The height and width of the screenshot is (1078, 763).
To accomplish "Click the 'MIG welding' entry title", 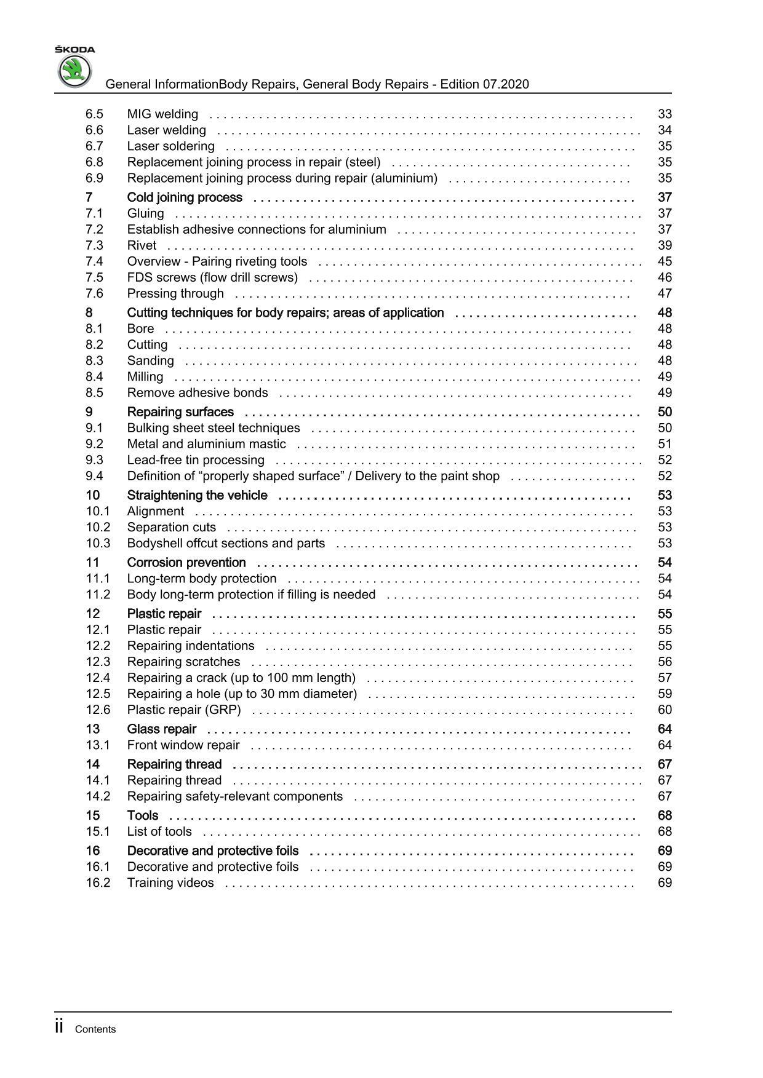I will [162, 114].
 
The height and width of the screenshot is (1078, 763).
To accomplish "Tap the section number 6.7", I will [94, 146].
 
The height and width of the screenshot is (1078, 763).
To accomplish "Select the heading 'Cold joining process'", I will [185, 197].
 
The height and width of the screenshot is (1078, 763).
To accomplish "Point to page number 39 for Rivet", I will [665, 245].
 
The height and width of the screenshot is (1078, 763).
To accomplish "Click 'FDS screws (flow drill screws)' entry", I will [212, 277].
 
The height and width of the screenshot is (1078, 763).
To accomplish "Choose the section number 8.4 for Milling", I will [94, 376].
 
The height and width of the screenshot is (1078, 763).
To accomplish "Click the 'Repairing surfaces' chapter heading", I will [180, 412].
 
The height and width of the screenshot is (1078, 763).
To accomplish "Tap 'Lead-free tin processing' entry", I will [196, 460].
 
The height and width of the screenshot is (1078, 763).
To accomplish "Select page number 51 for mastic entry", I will [665, 444].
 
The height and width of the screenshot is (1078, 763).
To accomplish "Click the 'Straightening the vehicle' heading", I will [197, 496].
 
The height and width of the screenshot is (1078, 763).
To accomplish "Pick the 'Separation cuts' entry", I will [172, 527].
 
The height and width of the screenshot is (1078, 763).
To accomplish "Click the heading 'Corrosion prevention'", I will [186, 563].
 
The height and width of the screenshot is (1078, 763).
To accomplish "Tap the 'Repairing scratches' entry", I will [183, 662].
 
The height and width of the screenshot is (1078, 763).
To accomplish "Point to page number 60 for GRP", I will [665, 710].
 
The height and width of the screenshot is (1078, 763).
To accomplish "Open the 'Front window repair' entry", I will [183, 745].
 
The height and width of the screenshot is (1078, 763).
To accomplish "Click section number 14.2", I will [98, 796].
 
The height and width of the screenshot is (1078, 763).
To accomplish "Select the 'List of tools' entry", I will [159, 831].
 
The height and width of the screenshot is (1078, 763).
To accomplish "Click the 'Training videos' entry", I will [170, 883].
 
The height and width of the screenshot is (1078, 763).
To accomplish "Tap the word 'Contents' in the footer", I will [95, 1029].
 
